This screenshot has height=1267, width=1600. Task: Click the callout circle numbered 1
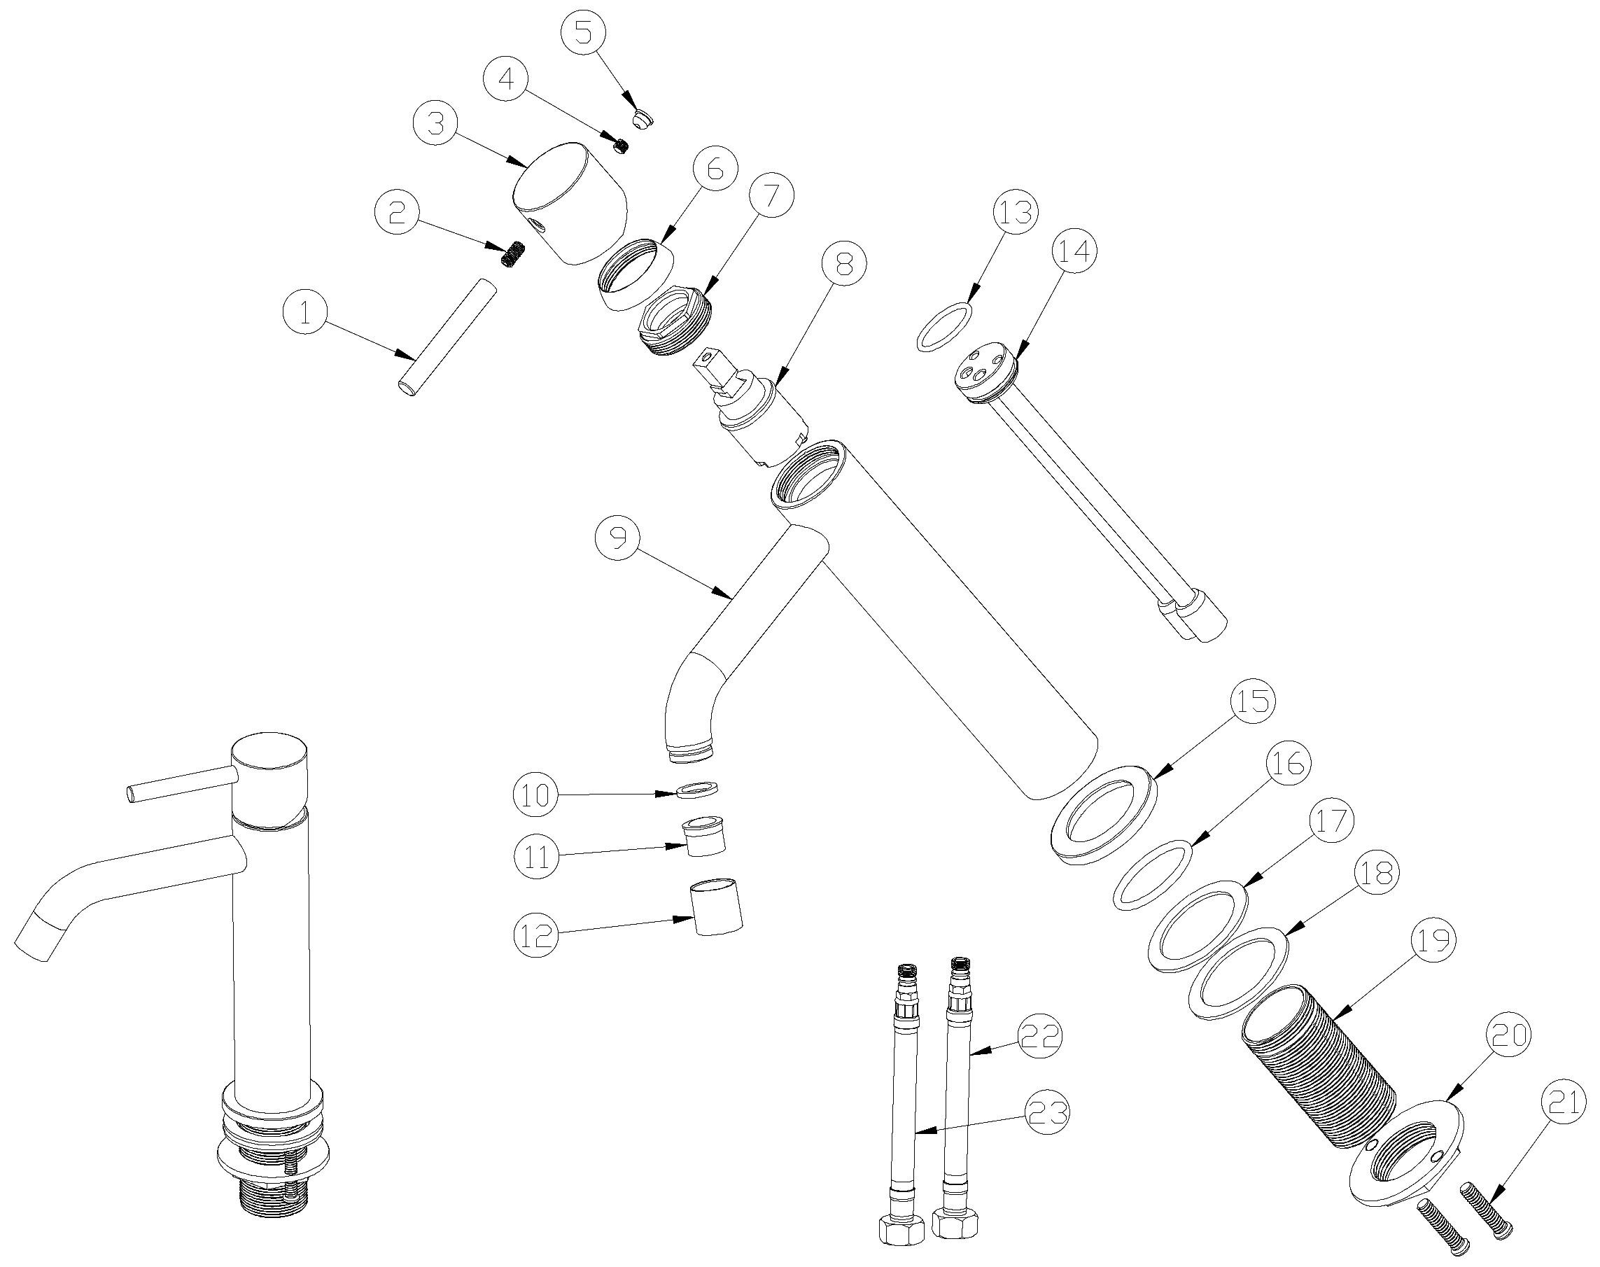pos(305,313)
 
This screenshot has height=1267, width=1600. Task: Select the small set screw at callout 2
pos(511,255)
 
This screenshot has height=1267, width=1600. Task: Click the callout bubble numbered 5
pos(583,34)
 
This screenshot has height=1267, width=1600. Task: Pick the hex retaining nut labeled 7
pos(674,322)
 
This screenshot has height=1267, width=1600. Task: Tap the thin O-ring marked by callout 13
pos(944,325)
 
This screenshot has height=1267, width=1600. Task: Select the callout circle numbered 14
pos(1074,251)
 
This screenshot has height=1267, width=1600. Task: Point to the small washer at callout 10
pos(699,790)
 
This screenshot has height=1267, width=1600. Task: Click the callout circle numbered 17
pos(1331,820)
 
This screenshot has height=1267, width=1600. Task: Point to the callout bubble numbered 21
pos(1563,1102)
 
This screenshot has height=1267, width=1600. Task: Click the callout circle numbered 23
pos(1046,1112)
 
